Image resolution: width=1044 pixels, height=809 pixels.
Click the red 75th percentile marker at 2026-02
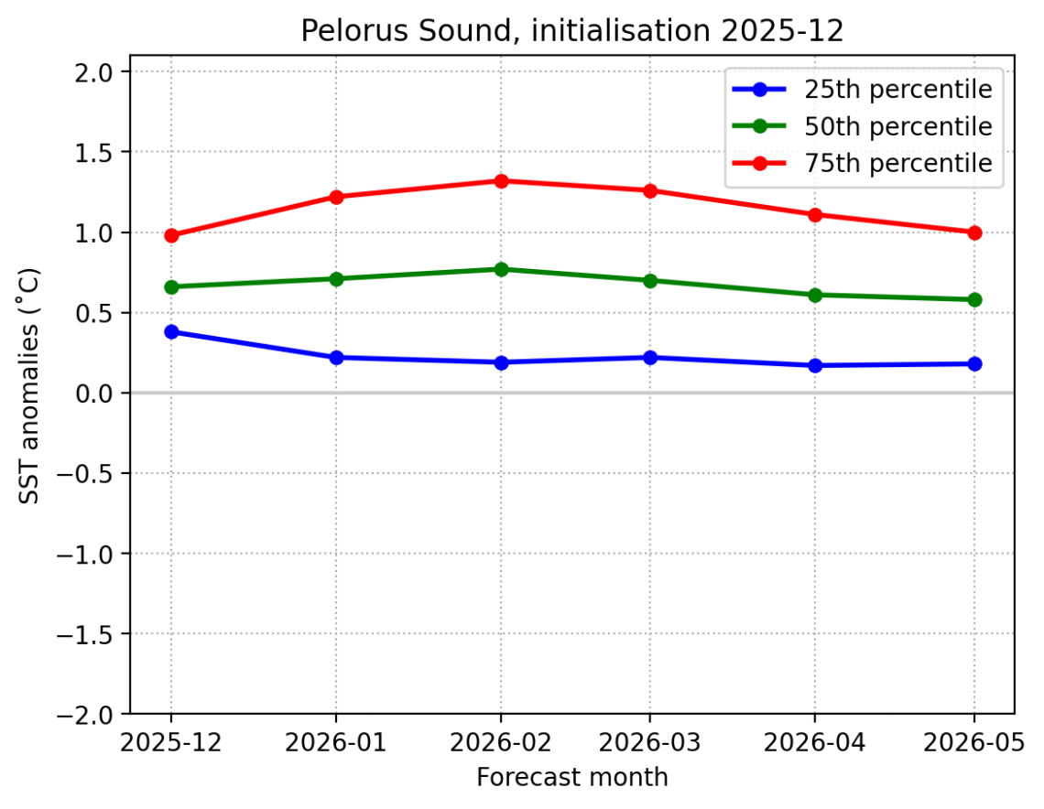tap(501, 181)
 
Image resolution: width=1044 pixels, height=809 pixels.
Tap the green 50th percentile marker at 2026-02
tap(501, 269)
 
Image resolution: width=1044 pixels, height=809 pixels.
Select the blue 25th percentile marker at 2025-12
tap(171, 332)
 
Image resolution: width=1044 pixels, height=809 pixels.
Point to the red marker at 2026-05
tap(974, 232)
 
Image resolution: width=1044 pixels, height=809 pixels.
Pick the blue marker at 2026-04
tap(815, 365)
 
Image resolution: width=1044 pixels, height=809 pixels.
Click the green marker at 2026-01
tap(336, 279)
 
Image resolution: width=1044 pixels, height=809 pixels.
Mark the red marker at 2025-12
tap(171, 235)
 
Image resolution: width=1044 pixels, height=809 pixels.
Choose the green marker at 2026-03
tap(649, 281)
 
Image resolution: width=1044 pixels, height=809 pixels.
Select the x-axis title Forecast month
tap(572, 778)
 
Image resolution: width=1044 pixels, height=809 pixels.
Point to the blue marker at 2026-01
tap(336, 358)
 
